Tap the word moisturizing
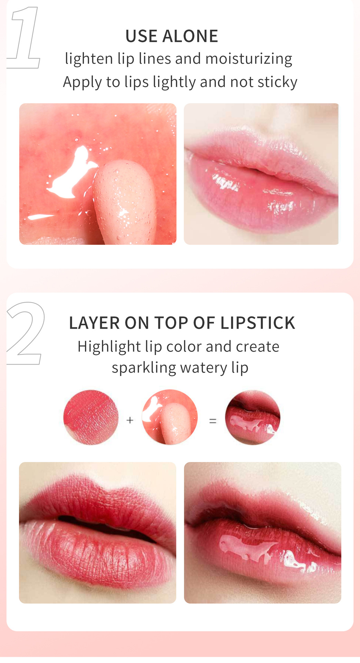click(249, 59)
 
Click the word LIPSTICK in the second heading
click(258, 323)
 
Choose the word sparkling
click(144, 368)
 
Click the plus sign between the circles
click(130, 420)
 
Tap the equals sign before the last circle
click(213, 421)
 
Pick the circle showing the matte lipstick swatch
click(91, 417)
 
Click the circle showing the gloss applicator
click(170, 417)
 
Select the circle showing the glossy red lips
click(253, 417)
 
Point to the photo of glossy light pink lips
click(261, 174)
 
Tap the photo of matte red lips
click(97, 532)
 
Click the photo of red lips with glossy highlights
click(263, 532)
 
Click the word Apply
click(82, 82)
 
